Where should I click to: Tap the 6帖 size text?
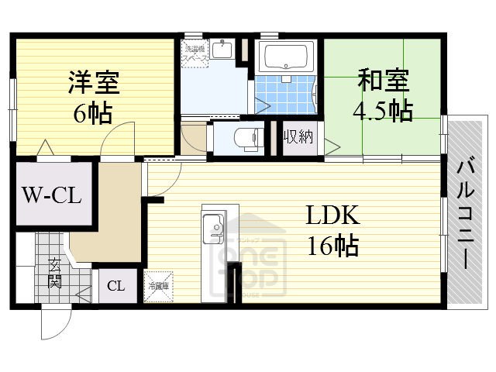pyautogui.click(x=92, y=113)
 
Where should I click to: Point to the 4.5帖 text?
pyautogui.click(x=382, y=111)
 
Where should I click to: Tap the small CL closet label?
pyautogui.click(x=115, y=287)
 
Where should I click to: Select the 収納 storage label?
pyautogui.click(x=298, y=138)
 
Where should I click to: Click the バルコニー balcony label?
pyautogui.click(x=465, y=212)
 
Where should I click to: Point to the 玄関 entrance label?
pyautogui.click(x=56, y=273)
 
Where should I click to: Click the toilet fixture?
pyautogui.click(x=245, y=138)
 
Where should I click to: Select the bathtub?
pyautogui.click(x=286, y=57)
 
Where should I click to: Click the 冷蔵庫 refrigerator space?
pyautogui.click(x=160, y=287)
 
